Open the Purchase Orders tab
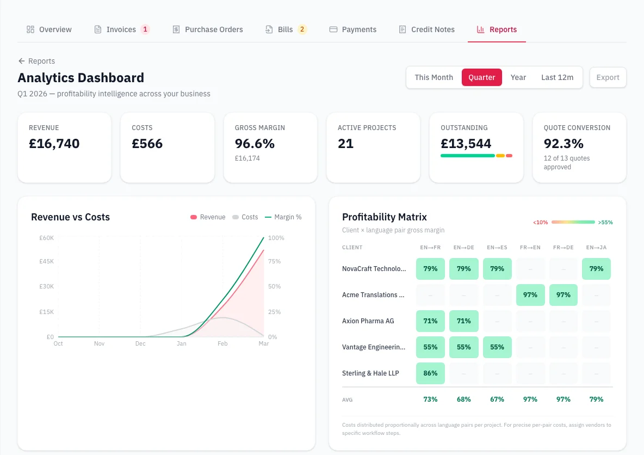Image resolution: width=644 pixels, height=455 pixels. coord(207,29)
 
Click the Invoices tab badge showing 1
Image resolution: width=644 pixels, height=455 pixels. coord(145,29)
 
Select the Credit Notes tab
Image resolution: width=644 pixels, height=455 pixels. coord(426,29)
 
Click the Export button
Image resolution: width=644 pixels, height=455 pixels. coord(608,77)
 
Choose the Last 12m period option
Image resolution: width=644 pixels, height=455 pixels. coord(557,77)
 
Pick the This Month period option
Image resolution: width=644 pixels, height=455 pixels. coord(434,77)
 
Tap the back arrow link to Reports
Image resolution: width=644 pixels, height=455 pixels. coord(36,61)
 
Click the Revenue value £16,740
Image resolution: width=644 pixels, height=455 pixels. coord(54,144)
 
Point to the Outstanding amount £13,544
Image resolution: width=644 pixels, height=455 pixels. coord(466,144)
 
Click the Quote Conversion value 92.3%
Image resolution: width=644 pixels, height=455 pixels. coord(563,144)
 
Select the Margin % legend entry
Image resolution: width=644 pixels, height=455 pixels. coord(283,217)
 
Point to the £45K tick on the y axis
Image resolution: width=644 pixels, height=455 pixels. coord(46,261)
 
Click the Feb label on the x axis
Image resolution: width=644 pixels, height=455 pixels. coord(222,343)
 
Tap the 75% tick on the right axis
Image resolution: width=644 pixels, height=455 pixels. coord(275,261)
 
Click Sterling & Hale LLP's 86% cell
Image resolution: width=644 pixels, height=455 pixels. coord(430,373)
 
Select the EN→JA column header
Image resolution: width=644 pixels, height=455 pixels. coord(596,248)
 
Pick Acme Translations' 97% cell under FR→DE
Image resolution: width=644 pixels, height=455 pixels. coord(563,295)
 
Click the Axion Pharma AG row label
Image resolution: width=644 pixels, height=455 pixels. coord(368,321)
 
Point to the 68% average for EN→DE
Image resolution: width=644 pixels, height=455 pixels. coord(463,399)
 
